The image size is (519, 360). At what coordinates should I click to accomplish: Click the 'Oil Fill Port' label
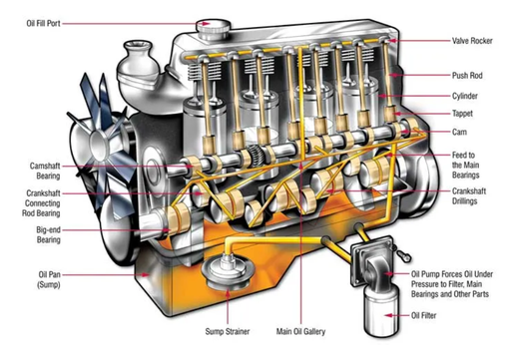(x=43, y=24)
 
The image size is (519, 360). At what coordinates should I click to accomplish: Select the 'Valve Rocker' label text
(x=472, y=41)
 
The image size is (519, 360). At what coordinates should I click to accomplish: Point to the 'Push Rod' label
(x=467, y=76)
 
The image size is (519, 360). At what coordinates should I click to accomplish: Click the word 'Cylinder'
(x=465, y=96)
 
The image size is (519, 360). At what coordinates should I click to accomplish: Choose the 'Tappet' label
(x=462, y=114)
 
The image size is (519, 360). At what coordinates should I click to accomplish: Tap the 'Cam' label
(x=459, y=132)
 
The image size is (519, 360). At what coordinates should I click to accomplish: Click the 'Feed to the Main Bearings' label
(x=465, y=165)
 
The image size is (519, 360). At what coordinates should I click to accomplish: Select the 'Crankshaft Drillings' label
(x=469, y=196)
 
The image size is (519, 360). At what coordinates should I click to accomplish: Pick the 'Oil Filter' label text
(x=423, y=315)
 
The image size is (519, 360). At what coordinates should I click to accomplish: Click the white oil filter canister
(x=381, y=310)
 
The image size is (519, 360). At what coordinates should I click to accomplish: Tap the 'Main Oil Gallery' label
(x=300, y=331)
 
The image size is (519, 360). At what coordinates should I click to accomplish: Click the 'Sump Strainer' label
(x=228, y=331)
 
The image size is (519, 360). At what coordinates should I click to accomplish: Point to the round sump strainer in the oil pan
(x=228, y=271)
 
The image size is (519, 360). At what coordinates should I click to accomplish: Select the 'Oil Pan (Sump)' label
(x=49, y=279)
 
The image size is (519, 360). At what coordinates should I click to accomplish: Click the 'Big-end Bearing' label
(x=49, y=234)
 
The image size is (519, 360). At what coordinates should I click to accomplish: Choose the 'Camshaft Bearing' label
(x=45, y=171)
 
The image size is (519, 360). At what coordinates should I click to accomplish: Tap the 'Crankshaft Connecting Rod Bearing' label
(x=41, y=203)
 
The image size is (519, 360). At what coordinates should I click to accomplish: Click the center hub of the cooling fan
(x=99, y=143)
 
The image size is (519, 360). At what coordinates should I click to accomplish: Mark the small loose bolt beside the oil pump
(x=403, y=255)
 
